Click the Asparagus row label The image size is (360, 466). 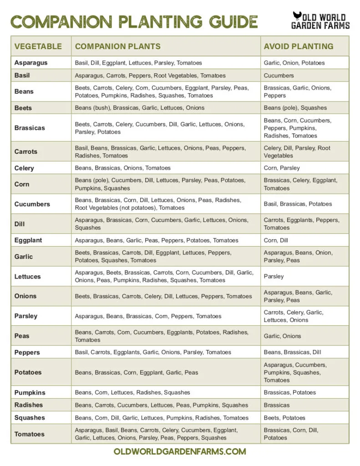(31, 63)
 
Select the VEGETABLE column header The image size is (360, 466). (38, 46)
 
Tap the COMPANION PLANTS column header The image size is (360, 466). (117, 46)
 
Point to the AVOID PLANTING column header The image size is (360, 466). (298, 46)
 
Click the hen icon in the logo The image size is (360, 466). (298, 17)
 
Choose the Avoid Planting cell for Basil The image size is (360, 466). (279, 76)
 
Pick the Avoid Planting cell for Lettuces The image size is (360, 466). (274, 276)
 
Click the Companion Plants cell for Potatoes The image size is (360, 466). (137, 372)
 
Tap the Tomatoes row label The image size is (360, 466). (30, 434)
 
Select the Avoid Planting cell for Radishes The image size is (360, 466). (277, 405)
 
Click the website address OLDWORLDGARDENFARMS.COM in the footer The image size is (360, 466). (180, 451)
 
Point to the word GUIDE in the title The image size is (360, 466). (231, 22)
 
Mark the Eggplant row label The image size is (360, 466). (28, 240)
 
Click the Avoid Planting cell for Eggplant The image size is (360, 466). (276, 240)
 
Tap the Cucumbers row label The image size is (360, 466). (32, 204)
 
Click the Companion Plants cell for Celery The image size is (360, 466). (123, 168)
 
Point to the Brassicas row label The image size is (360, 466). (30, 128)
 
